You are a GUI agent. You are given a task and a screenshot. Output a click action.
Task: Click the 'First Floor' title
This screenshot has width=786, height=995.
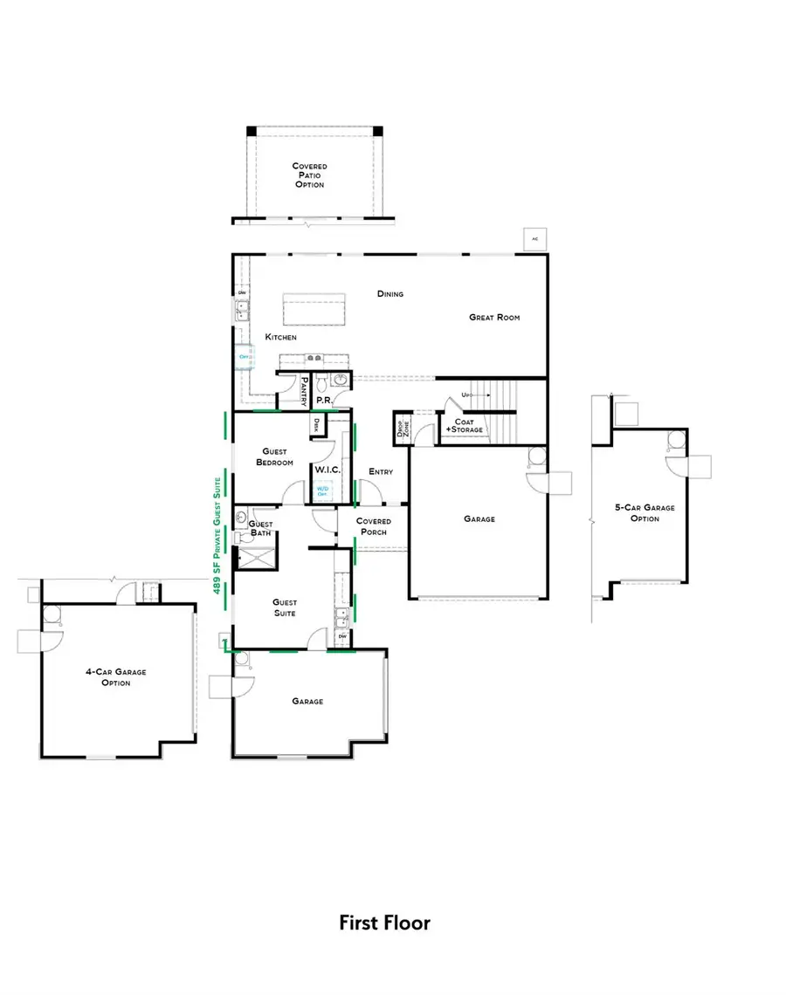click(384, 923)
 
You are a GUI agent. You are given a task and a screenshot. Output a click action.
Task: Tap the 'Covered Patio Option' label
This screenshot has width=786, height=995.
click(308, 175)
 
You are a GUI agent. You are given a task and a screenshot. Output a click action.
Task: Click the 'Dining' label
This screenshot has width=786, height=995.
click(390, 294)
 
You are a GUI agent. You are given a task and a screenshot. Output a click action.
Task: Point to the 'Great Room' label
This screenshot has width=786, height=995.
click(494, 318)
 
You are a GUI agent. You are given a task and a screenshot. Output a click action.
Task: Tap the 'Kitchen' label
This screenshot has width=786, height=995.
click(281, 337)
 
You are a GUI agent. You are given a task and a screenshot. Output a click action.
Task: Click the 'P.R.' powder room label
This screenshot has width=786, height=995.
click(322, 400)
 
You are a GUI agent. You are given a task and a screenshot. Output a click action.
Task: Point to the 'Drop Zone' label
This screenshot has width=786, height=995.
click(403, 429)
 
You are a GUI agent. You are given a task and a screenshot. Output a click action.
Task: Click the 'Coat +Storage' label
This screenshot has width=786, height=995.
click(464, 425)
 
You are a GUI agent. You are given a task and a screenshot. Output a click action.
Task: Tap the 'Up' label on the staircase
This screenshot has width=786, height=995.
click(465, 395)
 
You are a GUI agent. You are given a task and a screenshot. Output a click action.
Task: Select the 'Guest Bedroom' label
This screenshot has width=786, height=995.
click(274, 456)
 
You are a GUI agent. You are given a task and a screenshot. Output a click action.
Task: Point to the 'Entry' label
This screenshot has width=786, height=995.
click(381, 472)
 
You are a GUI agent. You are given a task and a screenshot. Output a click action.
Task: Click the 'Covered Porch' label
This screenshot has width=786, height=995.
click(374, 526)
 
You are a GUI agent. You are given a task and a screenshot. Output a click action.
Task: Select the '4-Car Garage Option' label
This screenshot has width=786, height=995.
click(115, 677)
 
